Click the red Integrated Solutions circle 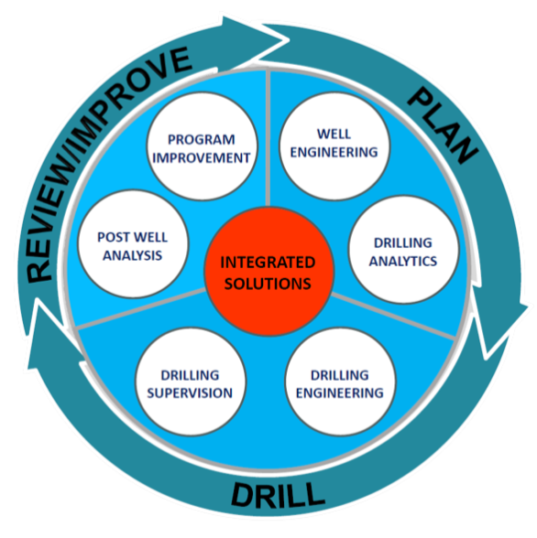point(268,272)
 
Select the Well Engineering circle point(334,145)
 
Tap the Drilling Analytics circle point(404,250)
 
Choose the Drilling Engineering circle point(340,382)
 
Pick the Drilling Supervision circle point(191,382)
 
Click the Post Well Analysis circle point(133,244)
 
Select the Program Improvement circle point(202,145)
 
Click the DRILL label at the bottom point(278,495)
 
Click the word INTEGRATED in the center point(268,263)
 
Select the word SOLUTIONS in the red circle point(268,284)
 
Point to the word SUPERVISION point(190,393)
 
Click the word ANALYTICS point(403,262)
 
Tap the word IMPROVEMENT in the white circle point(202,158)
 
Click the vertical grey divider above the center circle point(268,138)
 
